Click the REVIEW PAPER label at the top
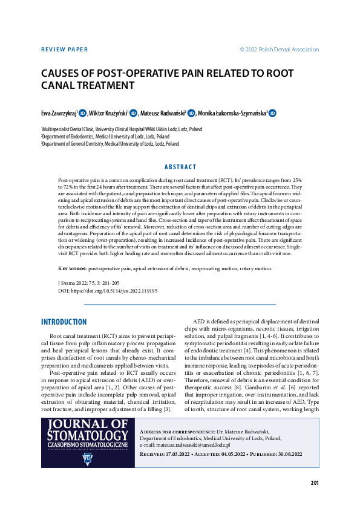pyautogui.click(x=64, y=50)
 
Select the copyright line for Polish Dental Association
pyautogui.click(x=279, y=50)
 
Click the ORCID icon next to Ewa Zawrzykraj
pyautogui.click(x=83, y=113)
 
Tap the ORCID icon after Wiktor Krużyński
pyautogui.click(x=134, y=113)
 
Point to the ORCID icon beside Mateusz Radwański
pyautogui.click(x=191, y=113)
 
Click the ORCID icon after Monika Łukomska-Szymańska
pyautogui.click(x=273, y=113)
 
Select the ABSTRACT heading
pyautogui.click(x=180, y=167)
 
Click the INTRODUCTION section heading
pyautogui.click(x=64, y=322)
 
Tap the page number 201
pyautogui.click(x=314, y=482)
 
